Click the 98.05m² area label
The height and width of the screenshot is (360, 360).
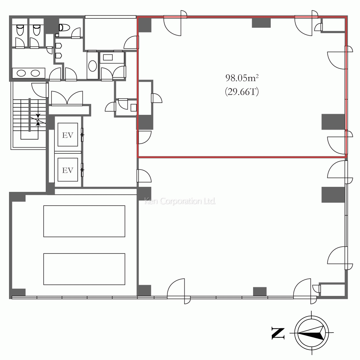[x=242, y=78]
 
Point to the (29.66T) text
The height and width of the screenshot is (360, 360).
[x=242, y=91]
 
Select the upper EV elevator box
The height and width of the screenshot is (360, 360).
[x=68, y=135]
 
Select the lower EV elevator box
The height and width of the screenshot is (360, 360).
[x=68, y=170]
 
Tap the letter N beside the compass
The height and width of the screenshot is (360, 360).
[x=278, y=333]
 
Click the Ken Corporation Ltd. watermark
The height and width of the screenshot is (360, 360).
[x=180, y=201]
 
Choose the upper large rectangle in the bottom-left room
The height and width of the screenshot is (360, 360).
[x=84, y=221]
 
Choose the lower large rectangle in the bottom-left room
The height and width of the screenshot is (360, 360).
[x=84, y=269]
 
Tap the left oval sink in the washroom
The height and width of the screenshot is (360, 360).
[x=21, y=73]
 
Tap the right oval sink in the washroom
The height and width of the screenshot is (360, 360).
[x=35, y=73]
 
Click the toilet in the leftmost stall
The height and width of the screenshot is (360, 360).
[x=20, y=30]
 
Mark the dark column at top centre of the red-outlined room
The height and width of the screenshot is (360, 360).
[x=261, y=23]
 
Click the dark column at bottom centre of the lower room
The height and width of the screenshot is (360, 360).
[x=260, y=292]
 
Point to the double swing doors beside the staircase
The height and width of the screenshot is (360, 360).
[x=67, y=98]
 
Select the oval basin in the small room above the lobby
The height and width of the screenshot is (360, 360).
[x=93, y=66]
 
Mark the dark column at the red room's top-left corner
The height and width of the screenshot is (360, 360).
[x=145, y=25]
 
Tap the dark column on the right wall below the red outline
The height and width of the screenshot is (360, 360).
[x=333, y=195]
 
